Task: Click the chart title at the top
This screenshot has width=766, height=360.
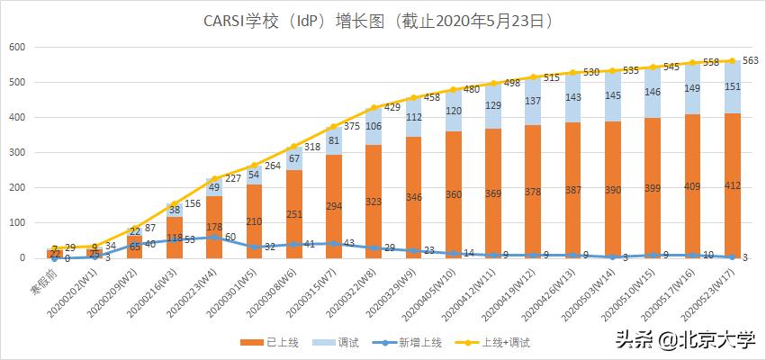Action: [x=383, y=19]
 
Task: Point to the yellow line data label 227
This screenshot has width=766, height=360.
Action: [x=234, y=178]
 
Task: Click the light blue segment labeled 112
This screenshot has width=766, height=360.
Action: [x=413, y=117]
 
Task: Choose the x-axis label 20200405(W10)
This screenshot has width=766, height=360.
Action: [x=414, y=292]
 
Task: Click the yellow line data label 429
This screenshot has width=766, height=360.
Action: [x=392, y=107]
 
